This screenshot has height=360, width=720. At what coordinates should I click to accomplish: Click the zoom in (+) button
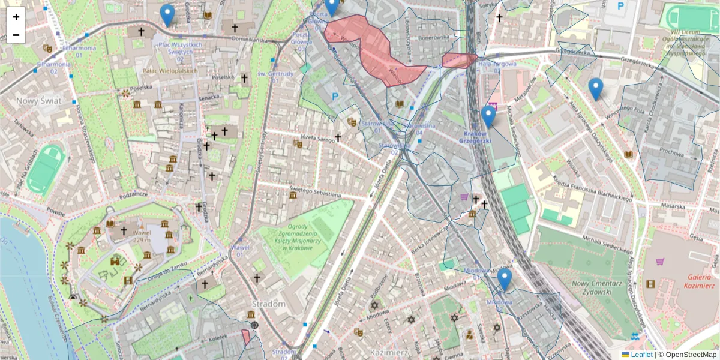tap(16, 17)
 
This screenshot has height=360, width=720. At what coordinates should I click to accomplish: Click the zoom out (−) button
tap(16, 35)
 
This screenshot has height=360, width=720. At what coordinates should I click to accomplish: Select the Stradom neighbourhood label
tap(268, 304)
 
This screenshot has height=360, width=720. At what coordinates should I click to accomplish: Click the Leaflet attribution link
tap(641, 355)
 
